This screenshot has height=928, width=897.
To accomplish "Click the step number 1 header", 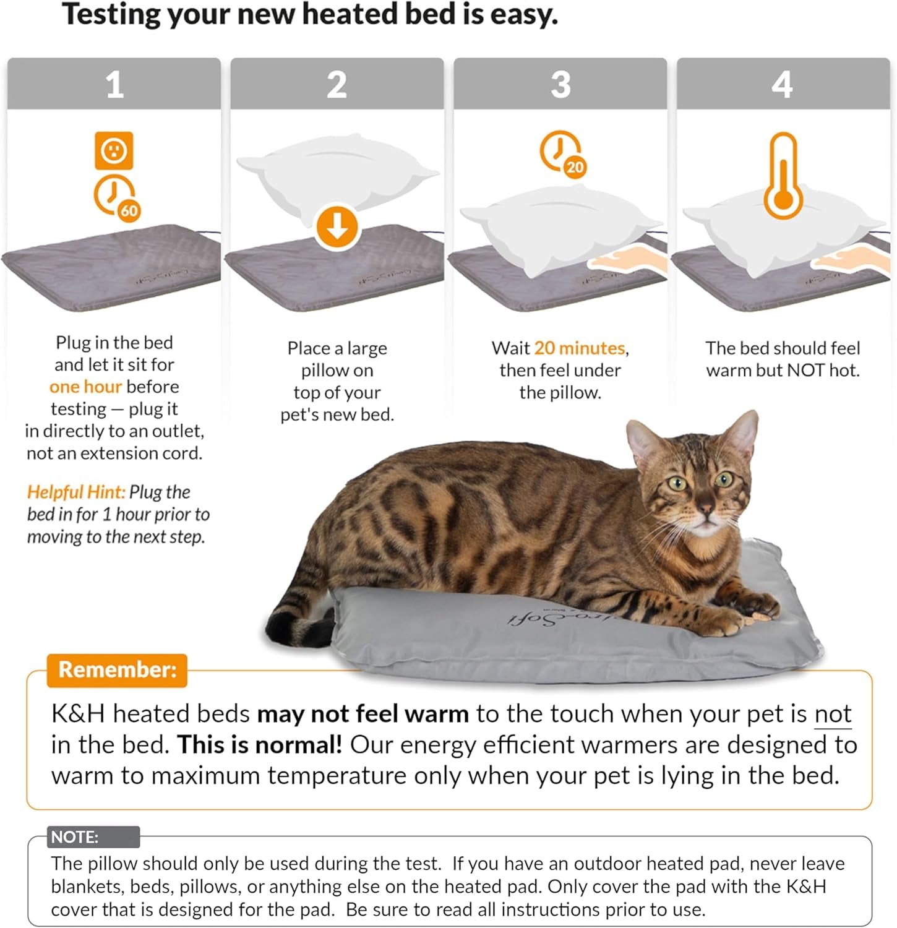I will tap(114, 84).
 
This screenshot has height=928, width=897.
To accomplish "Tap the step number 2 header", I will tap(337, 84).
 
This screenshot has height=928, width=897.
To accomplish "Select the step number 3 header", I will tap(560, 84).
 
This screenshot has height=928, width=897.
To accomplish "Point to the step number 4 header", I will tap(783, 84).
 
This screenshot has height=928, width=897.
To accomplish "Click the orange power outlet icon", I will tap(114, 150).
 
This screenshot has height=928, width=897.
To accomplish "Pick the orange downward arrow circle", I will tap(337, 227).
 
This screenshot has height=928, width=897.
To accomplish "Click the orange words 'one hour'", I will tap(85, 387).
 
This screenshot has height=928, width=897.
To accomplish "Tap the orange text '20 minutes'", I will tap(580, 348).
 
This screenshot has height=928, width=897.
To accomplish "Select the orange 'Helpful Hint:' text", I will tap(75, 492).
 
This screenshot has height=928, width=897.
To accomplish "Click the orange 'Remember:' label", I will tap(117, 670).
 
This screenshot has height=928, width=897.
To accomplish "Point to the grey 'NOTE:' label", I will tap(75, 837).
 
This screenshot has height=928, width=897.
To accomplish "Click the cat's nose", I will tap(706, 509).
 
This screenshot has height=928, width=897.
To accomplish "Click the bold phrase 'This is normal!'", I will tap(260, 745).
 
